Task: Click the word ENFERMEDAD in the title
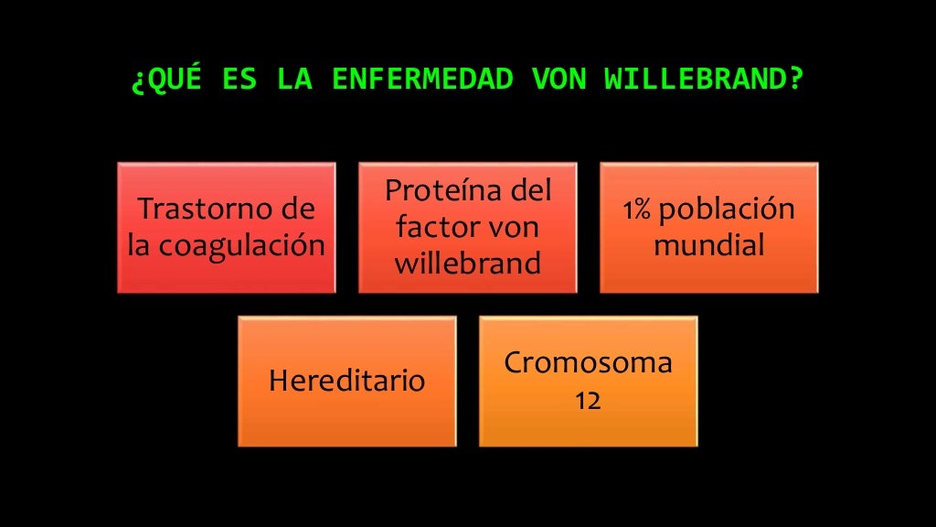421,80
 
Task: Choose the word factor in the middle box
439,227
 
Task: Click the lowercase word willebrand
467,263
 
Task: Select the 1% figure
636,210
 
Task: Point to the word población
727,210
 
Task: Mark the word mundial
708,245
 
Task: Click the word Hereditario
346,381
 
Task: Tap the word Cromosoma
588,362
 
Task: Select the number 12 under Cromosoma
588,401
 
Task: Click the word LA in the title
294,80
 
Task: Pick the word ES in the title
239,80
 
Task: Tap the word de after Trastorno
297,210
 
